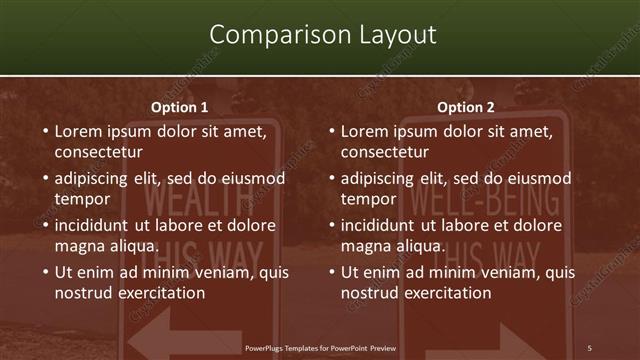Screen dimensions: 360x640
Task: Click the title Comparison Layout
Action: (x=323, y=35)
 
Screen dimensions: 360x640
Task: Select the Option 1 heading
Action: (x=180, y=107)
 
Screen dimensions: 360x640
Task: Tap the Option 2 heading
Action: (x=466, y=107)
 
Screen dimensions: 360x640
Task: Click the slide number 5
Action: (x=589, y=347)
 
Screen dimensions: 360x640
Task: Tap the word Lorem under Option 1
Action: (x=79, y=131)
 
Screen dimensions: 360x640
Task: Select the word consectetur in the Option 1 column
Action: (x=98, y=152)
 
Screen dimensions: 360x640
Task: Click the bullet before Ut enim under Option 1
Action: (x=44, y=272)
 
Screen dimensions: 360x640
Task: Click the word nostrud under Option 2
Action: (x=368, y=293)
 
